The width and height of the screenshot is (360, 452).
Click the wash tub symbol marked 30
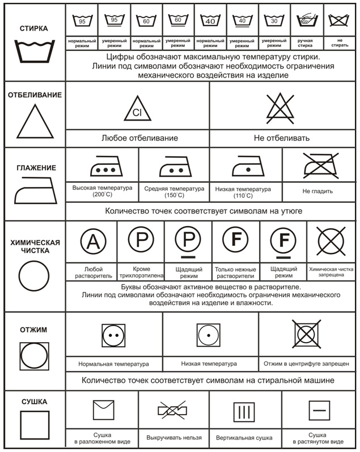275,21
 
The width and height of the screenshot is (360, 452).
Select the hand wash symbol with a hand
308,21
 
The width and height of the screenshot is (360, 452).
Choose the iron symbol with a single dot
245,168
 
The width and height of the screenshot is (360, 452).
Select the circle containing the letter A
92,242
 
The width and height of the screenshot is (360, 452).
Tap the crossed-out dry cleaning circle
332,241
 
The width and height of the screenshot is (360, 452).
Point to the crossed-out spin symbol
306,334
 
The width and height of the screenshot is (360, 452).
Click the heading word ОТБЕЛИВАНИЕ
35,95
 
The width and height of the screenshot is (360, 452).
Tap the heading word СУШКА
34,402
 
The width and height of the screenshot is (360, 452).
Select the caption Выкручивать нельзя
173,438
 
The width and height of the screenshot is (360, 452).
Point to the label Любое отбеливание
139,138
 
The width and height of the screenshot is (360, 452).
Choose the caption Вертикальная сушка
244,438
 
